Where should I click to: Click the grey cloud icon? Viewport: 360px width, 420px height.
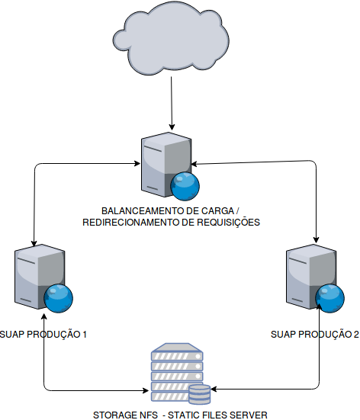point(171,38)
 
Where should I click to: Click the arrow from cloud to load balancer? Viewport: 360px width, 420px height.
point(172,104)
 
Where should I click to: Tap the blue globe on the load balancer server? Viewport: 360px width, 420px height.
point(185,187)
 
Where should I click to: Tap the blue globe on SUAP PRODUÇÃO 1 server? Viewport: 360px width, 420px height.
point(59,298)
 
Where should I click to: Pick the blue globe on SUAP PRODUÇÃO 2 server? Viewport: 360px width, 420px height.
point(330,298)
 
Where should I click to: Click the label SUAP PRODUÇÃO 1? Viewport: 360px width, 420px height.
point(43,335)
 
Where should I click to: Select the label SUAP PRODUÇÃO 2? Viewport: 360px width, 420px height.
point(315,335)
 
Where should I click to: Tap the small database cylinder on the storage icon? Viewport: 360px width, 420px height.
point(199,394)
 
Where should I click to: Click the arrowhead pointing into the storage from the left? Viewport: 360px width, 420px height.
point(146,390)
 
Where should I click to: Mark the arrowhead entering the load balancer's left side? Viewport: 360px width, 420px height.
point(137,163)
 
